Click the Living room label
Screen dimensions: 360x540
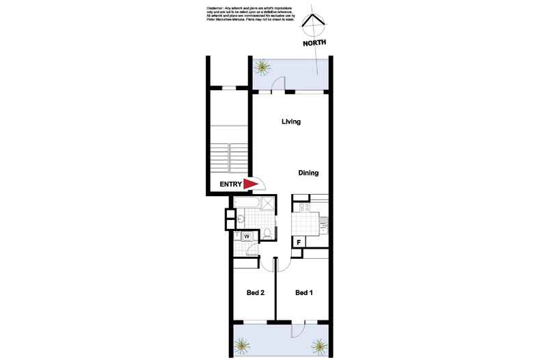coord(292,122)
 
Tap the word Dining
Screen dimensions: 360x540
coord(308,173)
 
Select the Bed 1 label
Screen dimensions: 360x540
coord(303,293)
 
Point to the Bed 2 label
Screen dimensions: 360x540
coord(256,293)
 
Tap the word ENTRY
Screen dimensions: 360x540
coord(230,184)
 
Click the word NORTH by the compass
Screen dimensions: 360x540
coord(315,42)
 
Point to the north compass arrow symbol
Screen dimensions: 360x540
coord(314,24)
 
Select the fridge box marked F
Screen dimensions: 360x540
coord(299,242)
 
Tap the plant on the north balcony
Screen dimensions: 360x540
coord(263,67)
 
